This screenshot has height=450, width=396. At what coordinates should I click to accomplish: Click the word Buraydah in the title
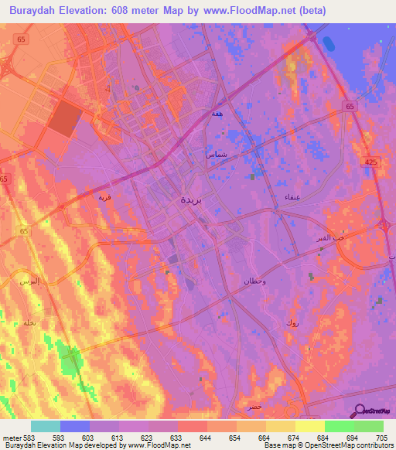pyautogui.click(x=39, y=10)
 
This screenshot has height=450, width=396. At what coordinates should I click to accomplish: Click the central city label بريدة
pyautogui.click(x=193, y=199)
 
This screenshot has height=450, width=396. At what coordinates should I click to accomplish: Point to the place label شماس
pyautogui.click(x=216, y=154)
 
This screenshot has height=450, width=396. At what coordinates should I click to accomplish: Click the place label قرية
pyautogui.click(x=104, y=196)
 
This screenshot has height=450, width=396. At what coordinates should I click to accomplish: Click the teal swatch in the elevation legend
pyautogui.click(x=46, y=426)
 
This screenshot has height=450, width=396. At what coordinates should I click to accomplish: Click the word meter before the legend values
pyautogui.click(x=11, y=438)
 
